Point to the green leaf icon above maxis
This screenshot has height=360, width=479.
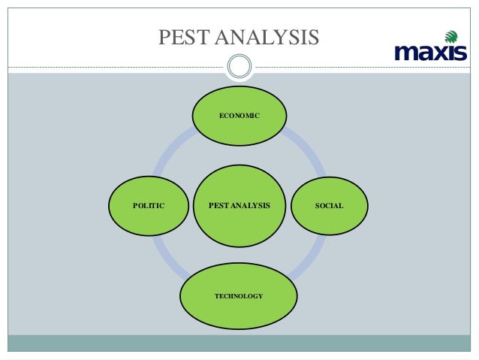click(450, 36)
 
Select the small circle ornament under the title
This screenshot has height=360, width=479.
click(239, 66)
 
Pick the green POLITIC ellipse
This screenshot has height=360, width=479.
click(149, 205)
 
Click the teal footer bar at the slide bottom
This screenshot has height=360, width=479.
click(239, 343)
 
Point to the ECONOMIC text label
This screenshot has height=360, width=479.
click(239, 116)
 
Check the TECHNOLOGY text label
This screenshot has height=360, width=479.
click(239, 296)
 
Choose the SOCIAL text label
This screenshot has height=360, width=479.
click(329, 205)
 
